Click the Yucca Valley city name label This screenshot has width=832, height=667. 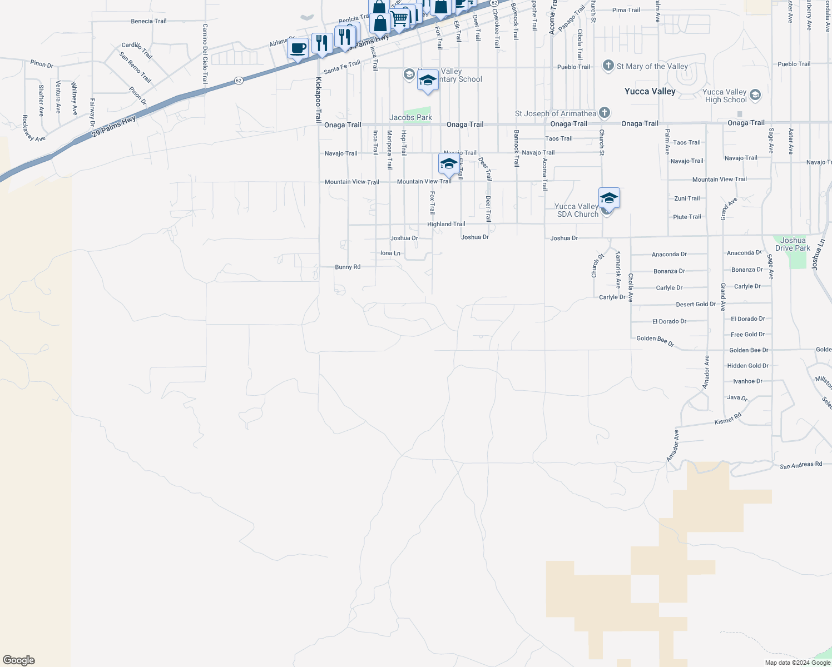(650, 92)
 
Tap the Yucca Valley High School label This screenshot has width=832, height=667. (725, 96)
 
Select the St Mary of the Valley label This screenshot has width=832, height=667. (652, 66)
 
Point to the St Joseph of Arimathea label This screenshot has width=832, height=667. (555, 113)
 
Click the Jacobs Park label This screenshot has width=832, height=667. (410, 117)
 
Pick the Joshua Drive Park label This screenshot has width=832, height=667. (793, 244)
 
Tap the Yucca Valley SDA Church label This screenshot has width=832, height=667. (577, 210)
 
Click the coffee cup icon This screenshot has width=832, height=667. (298, 48)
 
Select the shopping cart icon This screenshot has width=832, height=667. (399, 19)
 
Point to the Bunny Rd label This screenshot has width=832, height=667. (348, 267)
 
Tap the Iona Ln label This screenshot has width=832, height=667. (390, 253)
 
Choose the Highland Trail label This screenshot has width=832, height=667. (446, 224)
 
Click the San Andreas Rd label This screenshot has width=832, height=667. (800, 465)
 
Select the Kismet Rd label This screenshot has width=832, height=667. (728, 419)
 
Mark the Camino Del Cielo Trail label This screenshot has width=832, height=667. (205, 53)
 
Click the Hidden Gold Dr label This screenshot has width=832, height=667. (747, 366)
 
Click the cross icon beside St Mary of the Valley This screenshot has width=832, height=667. (608, 66)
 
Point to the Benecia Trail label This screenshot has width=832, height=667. (148, 21)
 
